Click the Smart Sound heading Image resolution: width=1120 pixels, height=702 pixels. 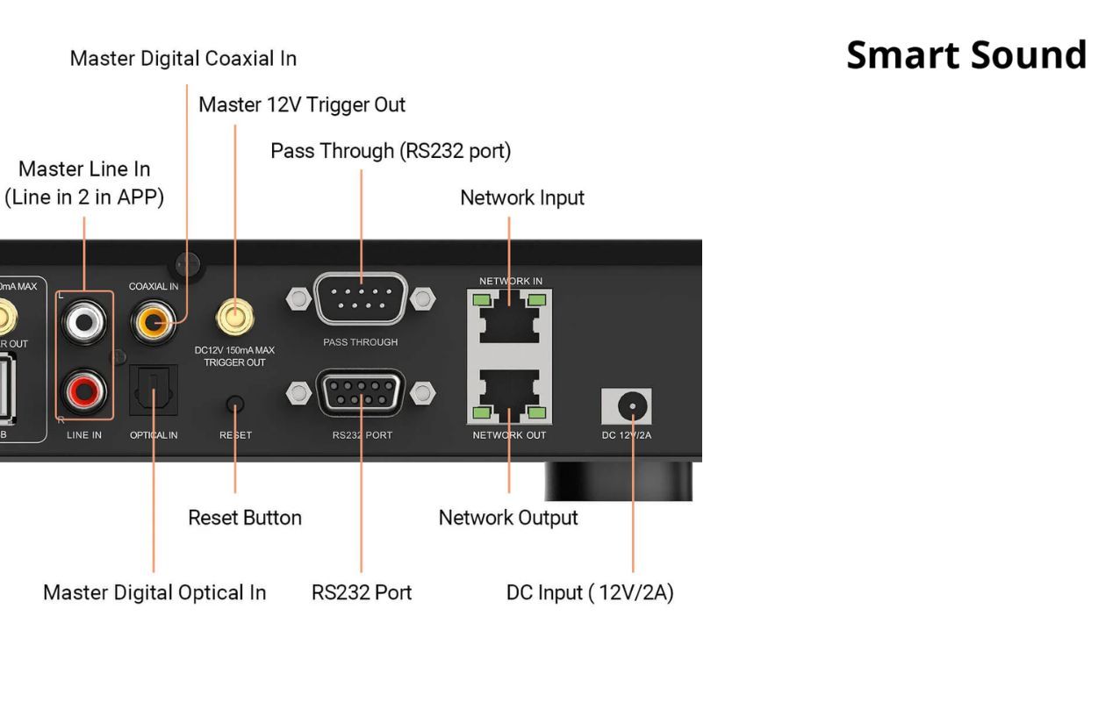coord(966,54)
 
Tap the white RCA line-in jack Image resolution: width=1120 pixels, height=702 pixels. coord(84,322)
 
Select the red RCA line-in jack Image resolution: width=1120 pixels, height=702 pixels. coord(84,390)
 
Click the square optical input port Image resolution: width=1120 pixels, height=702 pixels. coord(154,390)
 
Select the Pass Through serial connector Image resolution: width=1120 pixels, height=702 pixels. coord(361,299)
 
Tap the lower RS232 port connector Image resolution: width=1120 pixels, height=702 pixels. coord(361,393)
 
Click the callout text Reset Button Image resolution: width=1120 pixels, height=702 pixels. coord(245,518)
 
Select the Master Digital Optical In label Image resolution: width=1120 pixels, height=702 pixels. coord(154,593)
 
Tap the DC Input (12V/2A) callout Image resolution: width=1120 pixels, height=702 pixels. coord(590,593)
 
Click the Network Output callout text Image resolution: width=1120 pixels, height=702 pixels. coord(508,518)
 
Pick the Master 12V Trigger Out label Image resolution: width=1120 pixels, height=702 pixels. coord(302,105)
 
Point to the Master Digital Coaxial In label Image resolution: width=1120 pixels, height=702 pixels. coord(183,59)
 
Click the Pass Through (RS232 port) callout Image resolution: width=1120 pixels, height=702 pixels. coord(391,151)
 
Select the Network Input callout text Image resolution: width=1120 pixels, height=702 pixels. coord(522,198)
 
